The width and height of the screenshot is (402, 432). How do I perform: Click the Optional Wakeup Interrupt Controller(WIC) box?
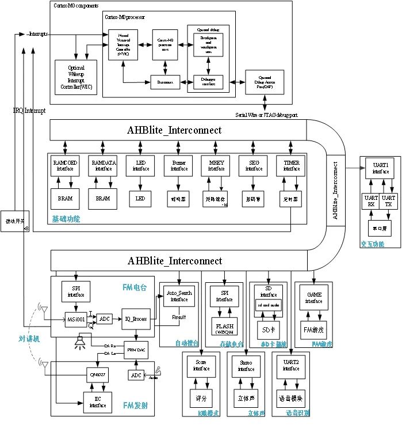76,77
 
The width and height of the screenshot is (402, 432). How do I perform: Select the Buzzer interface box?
179,166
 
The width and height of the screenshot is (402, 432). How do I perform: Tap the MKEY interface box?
216,166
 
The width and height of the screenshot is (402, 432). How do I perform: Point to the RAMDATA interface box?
103,166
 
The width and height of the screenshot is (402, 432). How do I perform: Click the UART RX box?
370,200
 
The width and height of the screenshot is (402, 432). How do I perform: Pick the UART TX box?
389,200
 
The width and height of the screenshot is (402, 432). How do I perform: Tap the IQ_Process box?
136,317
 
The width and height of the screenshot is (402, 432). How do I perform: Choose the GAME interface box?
313,298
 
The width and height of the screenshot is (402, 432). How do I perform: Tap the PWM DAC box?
136,351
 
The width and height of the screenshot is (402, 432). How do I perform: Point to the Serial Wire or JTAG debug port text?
266,115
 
